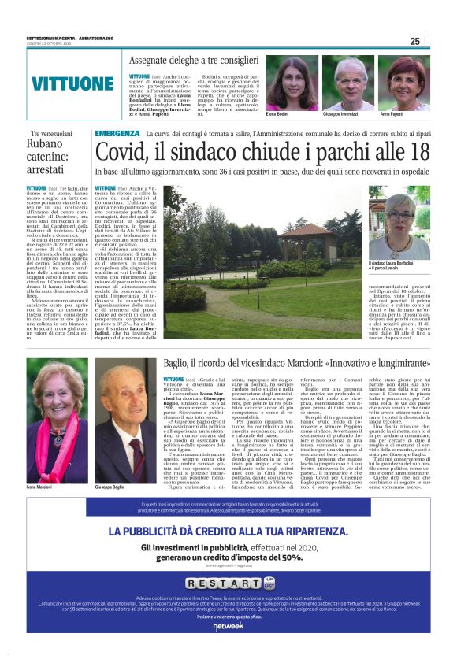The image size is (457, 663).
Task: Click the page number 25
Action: (x=414, y=42)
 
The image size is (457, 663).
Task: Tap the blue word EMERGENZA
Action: (x=117, y=135)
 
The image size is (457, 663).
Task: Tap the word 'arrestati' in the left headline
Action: (x=49, y=168)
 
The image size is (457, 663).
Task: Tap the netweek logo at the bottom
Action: (x=228, y=647)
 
